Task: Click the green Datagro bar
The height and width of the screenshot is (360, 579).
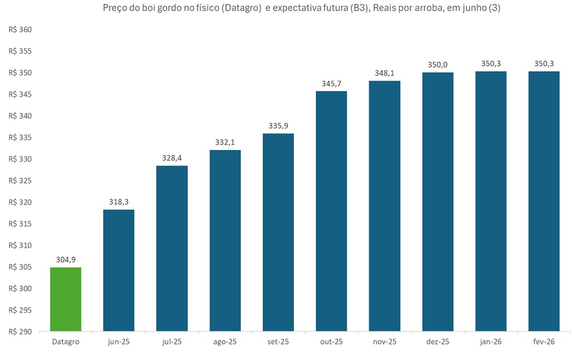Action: pos(66,299)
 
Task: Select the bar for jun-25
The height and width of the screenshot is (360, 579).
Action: pos(118,270)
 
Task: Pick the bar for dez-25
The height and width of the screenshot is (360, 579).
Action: pos(438,201)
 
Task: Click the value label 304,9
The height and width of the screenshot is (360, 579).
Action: pos(66,259)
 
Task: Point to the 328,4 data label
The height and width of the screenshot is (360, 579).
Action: pos(172,157)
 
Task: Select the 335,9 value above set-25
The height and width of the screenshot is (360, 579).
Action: pos(278,125)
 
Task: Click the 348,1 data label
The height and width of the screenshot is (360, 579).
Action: pos(384,73)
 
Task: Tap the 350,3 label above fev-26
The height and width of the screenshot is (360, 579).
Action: pos(544,64)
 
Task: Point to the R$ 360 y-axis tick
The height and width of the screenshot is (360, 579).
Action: pos(21,30)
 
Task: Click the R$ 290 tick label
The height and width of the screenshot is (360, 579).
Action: pos(21,331)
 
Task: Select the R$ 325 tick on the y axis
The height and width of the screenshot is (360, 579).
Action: pos(21,181)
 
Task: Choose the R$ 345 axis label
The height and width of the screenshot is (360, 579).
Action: pos(21,94)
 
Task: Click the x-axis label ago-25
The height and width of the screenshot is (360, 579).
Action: pos(225,342)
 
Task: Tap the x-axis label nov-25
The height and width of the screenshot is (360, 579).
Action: pos(384,342)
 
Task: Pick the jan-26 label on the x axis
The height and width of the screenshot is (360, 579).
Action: pos(490,342)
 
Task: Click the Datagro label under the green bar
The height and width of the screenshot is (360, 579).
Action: pos(66,342)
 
